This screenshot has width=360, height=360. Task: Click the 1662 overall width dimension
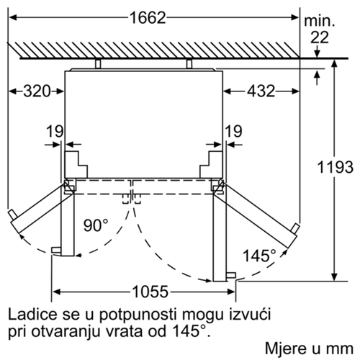pos(148,18)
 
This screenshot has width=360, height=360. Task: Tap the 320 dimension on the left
pos(37,91)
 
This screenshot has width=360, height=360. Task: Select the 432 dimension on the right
pos(261,91)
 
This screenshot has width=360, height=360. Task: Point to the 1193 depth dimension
pos(335,167)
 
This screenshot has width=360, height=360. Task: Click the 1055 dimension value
pos(150,292)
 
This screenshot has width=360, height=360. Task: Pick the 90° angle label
pos(96,225)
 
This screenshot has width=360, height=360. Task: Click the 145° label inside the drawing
pos(259,256)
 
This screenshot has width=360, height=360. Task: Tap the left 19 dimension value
pos(55,131)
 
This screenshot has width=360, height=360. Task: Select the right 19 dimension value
pos(233,131)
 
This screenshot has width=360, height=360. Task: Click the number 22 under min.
pos(320,37)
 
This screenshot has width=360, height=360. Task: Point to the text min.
pos(319,22)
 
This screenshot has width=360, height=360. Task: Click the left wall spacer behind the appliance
pos(98,63)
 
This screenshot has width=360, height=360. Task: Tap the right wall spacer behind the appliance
pos(189,63)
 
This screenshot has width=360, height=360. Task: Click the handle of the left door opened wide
pos(12,215)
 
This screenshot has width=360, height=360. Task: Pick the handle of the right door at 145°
pos(295,228)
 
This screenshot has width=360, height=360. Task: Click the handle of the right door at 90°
pos(231,275)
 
